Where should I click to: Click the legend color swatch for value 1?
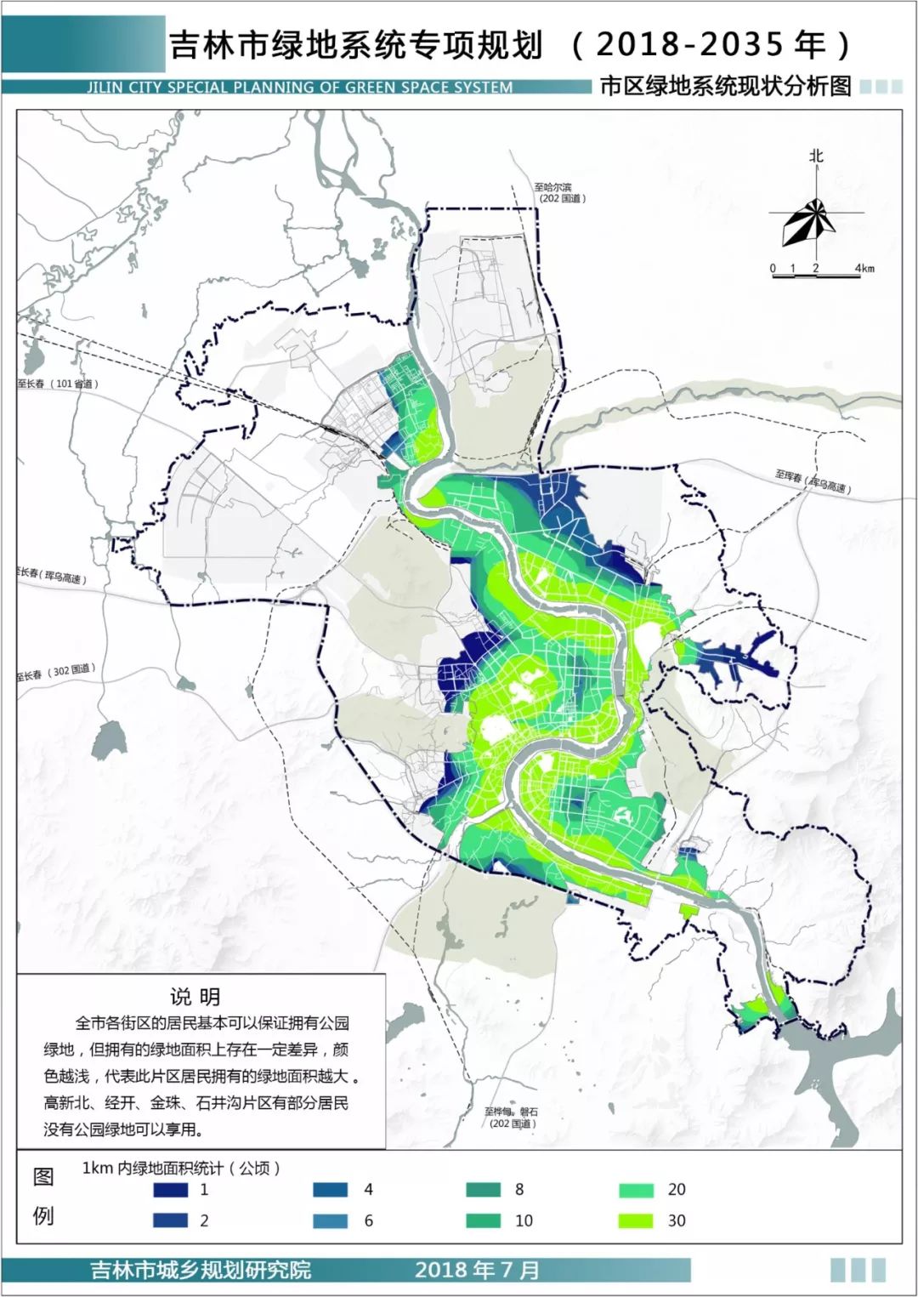[170, 1190]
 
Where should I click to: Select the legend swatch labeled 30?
[636, 1220]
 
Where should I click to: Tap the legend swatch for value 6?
[330, 1220]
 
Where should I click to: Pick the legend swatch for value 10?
[483, 1220]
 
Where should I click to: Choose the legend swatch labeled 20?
[636, 1190]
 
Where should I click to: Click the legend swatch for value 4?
[330, 1190]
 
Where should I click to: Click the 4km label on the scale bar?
[864, 269]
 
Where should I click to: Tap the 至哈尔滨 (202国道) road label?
[558, 193]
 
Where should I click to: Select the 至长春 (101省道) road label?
[58, 384]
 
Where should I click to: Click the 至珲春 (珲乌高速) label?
[812, 481]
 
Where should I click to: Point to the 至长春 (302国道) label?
[55, 673]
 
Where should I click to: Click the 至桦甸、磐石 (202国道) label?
[512, 1118]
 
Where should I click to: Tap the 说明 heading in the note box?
[195, 997]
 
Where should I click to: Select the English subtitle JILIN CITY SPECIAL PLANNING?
[299, 87]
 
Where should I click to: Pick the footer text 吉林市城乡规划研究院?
[201, 1271]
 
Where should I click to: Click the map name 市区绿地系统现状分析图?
[725, 86]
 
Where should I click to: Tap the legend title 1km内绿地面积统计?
[180, 1168]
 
